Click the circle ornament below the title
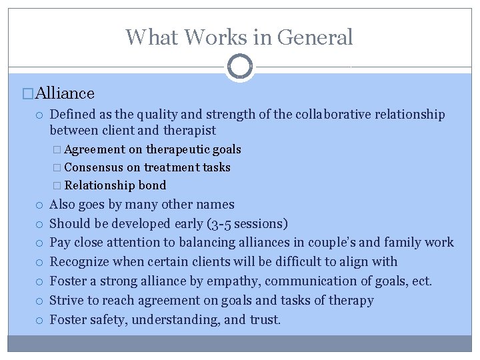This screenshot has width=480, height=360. click(240, 67)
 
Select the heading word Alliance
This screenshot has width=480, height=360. click(65, 93)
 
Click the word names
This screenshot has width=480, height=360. click(215, 205)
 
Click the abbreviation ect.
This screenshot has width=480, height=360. click(421, 281)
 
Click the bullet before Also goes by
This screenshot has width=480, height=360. click(41, 205)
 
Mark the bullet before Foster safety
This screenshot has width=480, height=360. click(41, 321)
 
